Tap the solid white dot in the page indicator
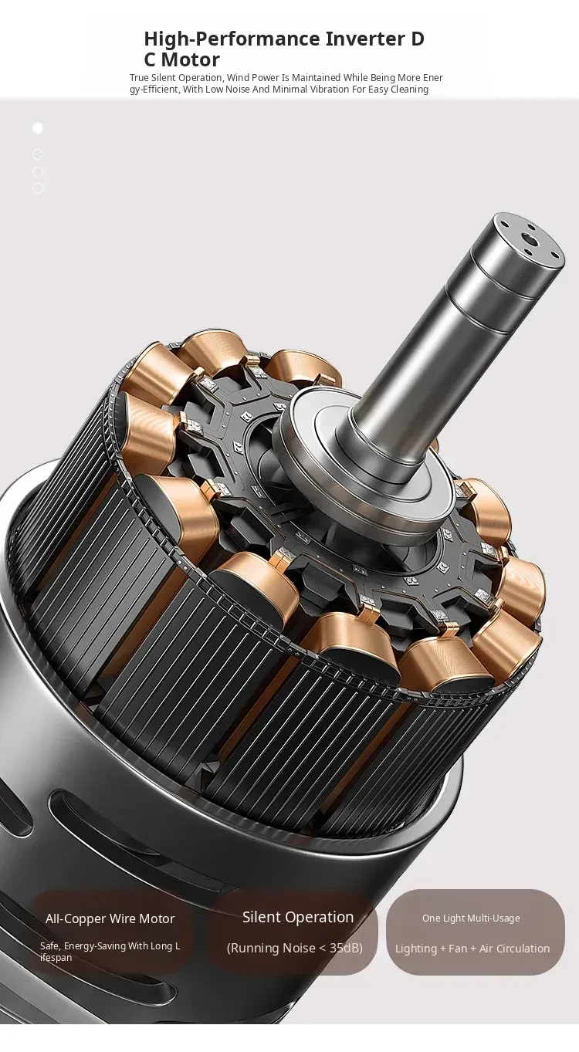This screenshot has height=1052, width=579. (x=38, y=128)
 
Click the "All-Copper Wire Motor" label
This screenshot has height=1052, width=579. (x=110, y=919)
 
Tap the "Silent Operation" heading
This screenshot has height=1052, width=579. (x=298, y=917)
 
